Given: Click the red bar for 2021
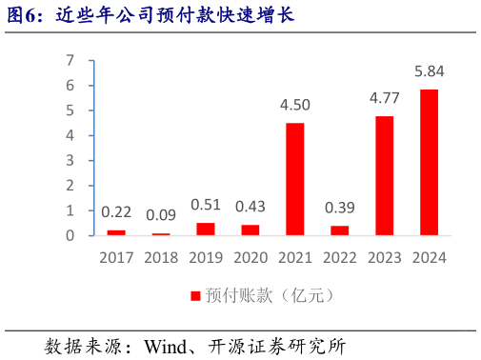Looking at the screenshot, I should [x=295, y=178].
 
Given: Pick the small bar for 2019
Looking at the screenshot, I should [x=206, y=229].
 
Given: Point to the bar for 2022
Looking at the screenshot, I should [x=340, y=230].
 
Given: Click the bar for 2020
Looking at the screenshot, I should [x=251, y=230].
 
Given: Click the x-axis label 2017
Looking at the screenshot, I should [x=116, y=257].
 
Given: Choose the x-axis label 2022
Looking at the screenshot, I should [x=340, y=257].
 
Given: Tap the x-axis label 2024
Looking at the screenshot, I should [x=430, y=257].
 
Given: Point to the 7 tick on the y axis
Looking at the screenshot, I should [x=70, y=60].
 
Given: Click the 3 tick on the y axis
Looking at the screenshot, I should [x=70, y=160].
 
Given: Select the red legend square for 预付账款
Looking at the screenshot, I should [x=195, y=296].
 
